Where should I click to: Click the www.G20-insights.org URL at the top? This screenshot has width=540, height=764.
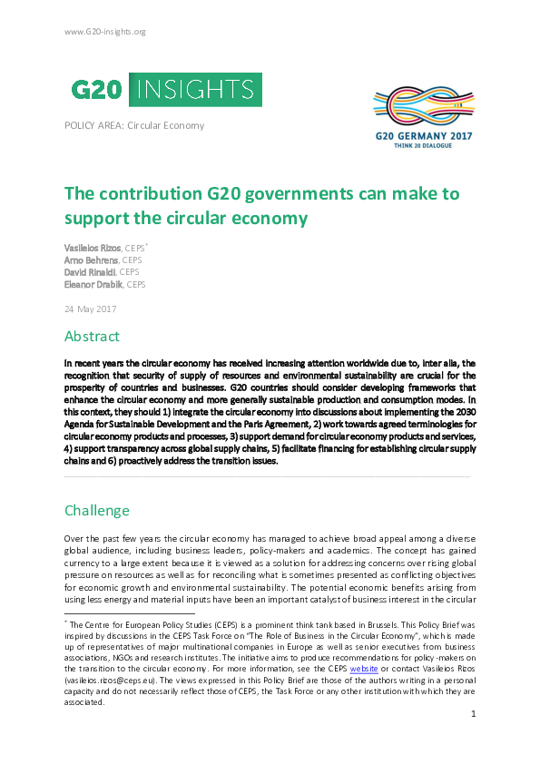pos(105,32)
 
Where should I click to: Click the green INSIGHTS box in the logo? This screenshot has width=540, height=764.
pos(197,89)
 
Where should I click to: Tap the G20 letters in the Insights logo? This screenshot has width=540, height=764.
pos(98,89)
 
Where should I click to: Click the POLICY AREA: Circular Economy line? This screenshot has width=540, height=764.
pos(134,125)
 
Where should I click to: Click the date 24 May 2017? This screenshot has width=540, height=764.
pos(90,309)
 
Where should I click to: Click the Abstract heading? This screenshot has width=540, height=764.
pos(92,336)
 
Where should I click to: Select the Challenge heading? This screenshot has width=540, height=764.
pos(97,510)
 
